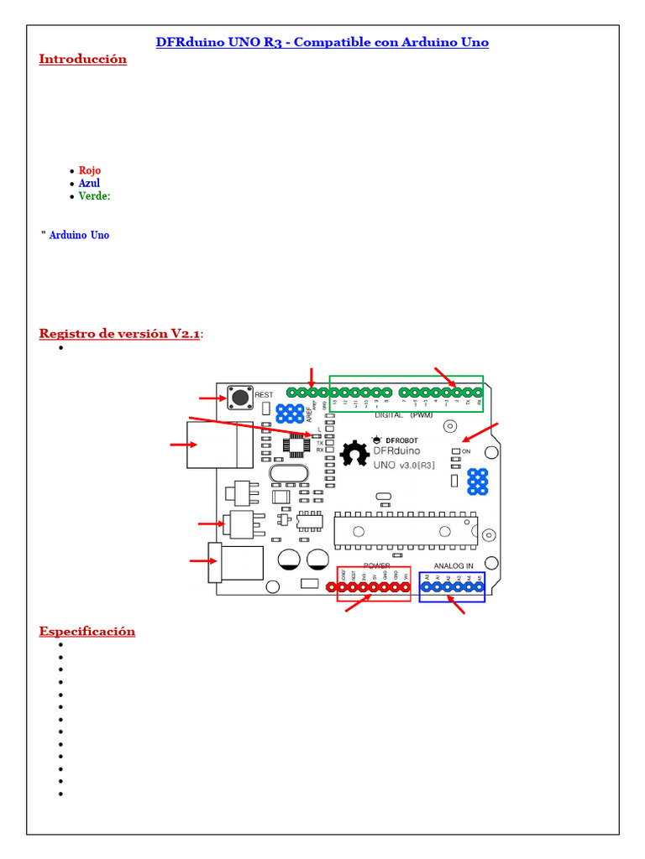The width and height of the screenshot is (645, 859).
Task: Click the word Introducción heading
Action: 82,59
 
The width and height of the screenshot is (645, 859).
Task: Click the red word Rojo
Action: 89,170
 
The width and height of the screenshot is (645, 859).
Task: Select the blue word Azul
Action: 89,183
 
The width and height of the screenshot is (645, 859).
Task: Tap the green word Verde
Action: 94,196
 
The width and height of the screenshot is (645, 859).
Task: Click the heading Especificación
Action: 87,631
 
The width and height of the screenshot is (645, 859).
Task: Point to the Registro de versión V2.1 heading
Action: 120,334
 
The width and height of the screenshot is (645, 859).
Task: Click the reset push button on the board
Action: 240,397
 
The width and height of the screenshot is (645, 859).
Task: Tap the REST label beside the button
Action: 264,394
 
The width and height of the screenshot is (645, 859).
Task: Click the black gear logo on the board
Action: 354,454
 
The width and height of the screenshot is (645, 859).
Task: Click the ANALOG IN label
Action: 454,565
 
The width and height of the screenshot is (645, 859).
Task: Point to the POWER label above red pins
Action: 375,565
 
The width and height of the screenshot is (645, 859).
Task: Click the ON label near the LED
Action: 467,451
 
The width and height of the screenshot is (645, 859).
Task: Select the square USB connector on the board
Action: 219,444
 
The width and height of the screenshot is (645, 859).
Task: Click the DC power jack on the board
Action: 237,562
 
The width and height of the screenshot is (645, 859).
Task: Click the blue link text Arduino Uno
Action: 79,235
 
